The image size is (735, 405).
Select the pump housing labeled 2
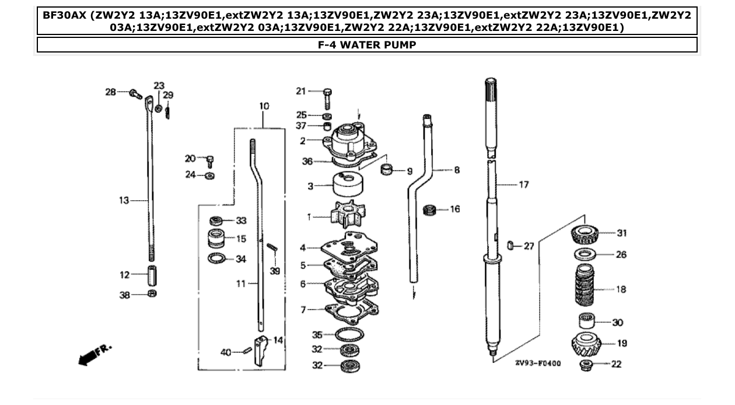coord(350,144)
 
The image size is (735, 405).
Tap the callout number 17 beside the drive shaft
coord(523,185)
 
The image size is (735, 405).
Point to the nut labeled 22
coord(587,364)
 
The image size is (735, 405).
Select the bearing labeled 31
coord(587,235)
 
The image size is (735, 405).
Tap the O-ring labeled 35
coord(349,335)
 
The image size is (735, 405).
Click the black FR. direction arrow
coord(87,357)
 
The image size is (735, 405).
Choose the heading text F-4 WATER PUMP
coord(367,45)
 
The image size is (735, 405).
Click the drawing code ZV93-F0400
coord(537,363)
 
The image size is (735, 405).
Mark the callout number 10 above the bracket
coord(264,106)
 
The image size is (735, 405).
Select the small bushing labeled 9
coord(386,170)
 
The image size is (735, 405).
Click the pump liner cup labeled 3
coord(349,187)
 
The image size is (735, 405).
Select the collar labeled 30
coord(587,322)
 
